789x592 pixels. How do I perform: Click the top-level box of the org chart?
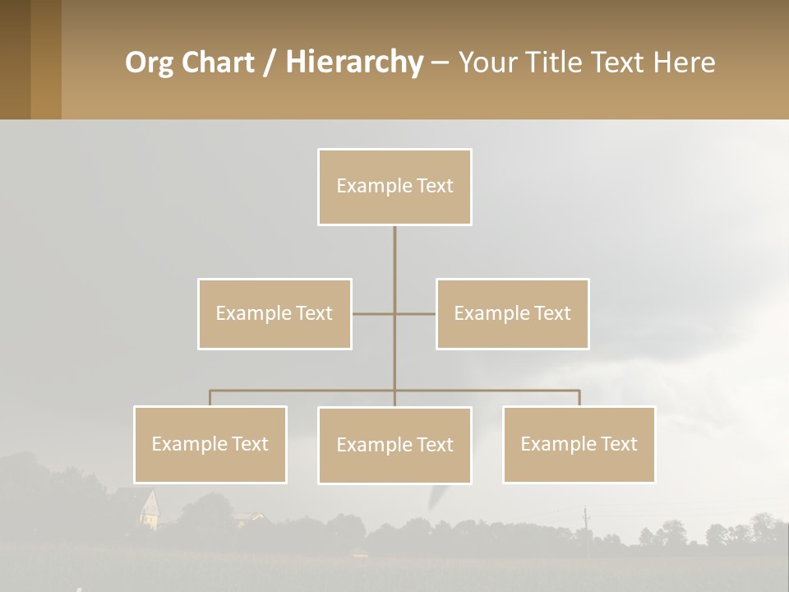tap(394, 187)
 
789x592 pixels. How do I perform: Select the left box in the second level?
tap(275, 313)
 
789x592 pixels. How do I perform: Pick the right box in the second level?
tap(512, 313)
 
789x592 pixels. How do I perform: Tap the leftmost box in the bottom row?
tap(210, 444)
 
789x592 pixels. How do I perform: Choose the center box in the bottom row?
tap(394, 445)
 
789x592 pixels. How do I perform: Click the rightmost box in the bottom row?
tap(579, 444)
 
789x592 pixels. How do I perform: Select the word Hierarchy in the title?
tap(353, 62)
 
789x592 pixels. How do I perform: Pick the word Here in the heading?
tap(684, 62)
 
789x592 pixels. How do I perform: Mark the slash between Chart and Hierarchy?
tap(270, 62)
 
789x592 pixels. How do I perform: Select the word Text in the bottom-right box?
tap(619, 444)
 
